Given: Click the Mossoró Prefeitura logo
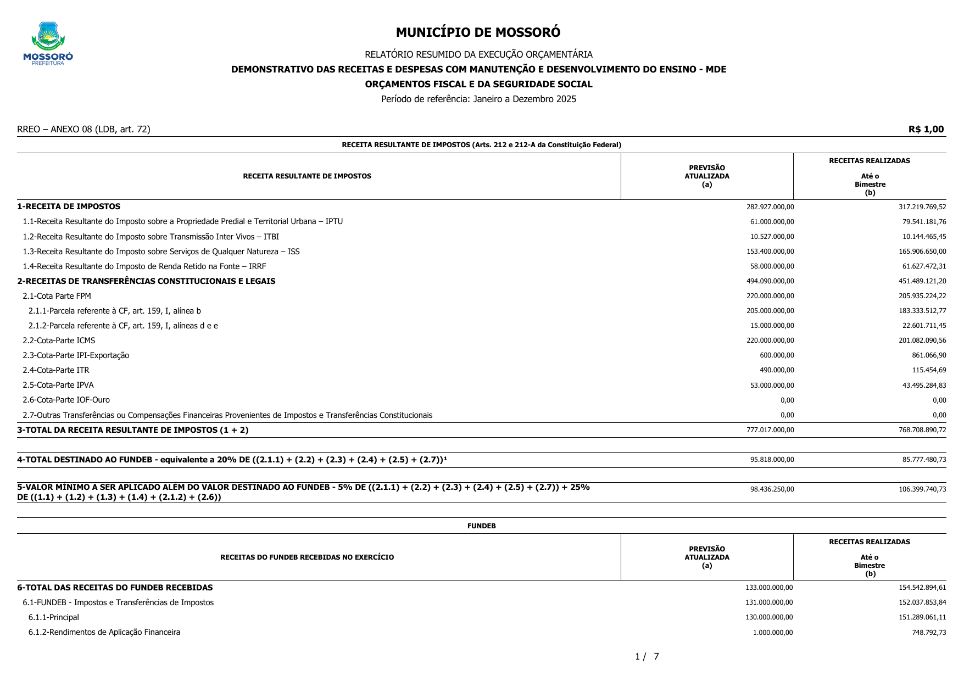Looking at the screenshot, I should (48, 43).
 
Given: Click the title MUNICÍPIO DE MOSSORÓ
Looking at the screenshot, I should (478, 32).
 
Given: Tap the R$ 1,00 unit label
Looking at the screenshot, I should (926, 129).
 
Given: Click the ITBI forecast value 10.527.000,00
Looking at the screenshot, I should (772, 237).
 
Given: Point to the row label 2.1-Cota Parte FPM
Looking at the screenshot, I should (57, 296).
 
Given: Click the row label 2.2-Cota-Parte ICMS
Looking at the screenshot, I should (59, 340).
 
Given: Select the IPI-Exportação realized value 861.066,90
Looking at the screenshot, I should (929, 355).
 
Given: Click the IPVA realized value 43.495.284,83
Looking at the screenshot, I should (924, 385).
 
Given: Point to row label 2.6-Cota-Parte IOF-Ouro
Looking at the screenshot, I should (66, 400).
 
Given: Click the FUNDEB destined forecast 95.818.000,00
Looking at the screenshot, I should (772, 460).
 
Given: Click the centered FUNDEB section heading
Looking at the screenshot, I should (481, 526).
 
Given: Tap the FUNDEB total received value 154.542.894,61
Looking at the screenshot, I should (922, 588).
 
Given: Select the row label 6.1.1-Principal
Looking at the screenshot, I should (53, 617).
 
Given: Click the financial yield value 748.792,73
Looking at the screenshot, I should (929, 633).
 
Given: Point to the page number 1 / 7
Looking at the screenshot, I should (647, 656).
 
